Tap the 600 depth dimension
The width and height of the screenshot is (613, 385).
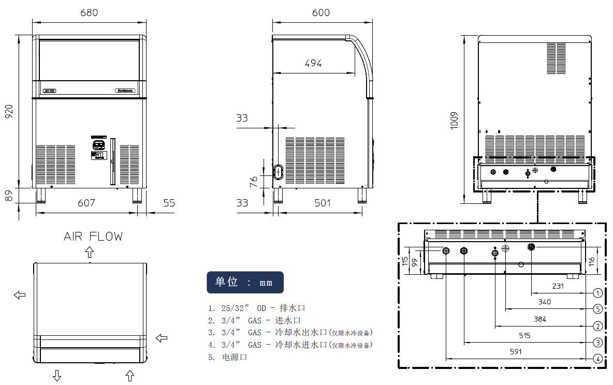[x=321, y=12]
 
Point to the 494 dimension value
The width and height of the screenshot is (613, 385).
[x=313, y=63]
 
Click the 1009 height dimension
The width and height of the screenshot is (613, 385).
[x=455, y=120]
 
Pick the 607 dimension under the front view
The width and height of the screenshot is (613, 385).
[x=86, y=203]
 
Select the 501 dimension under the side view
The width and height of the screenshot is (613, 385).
[x=323, y=203]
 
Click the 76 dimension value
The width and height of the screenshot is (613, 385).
[x=254, y=182]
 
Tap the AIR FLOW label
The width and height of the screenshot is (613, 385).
[x=93, y=236]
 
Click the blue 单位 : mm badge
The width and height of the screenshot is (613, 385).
[x=245, y=282]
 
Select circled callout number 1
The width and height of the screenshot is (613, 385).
[x=597, y=293]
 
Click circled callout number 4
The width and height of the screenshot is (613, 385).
[x=597, y=359]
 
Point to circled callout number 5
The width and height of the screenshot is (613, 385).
[x=597, y=309]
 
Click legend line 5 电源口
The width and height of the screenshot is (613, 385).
[x=228, y=357]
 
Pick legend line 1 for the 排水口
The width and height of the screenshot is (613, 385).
[x=257, y=307]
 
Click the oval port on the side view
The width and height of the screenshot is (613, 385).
[x=279, y=171]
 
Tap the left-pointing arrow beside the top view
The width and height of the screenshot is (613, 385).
[x=20, y=294]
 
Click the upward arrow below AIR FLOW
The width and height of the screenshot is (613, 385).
[x=90, y=252]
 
